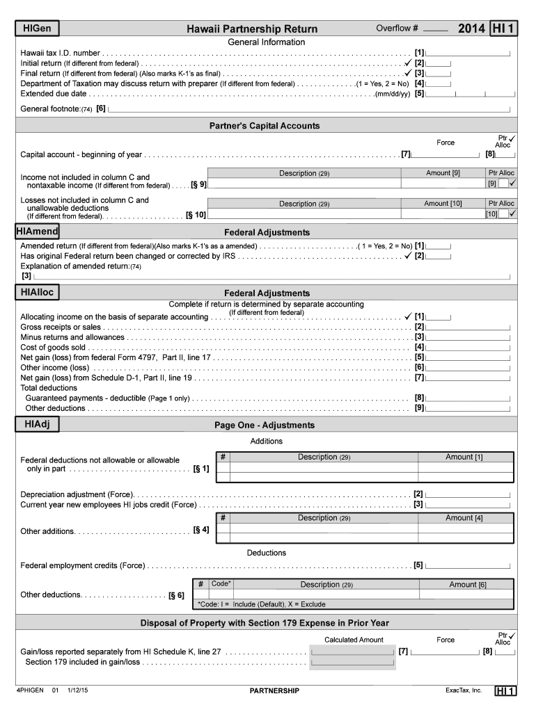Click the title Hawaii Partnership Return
coord(252,29)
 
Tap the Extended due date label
coord(54,93)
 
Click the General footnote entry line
coord(310,110)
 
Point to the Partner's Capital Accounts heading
coord(265,126)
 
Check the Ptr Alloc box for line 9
coord(503,184)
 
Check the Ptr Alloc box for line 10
coord(503,214)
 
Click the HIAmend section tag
coord(40,231)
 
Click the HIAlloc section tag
coord(38,293)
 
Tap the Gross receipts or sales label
coord(61,327)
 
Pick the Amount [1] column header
coord(464,457)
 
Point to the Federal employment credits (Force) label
coord(83,565)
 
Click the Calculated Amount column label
coord(354,640)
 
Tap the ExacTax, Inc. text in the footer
coord(464,690)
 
